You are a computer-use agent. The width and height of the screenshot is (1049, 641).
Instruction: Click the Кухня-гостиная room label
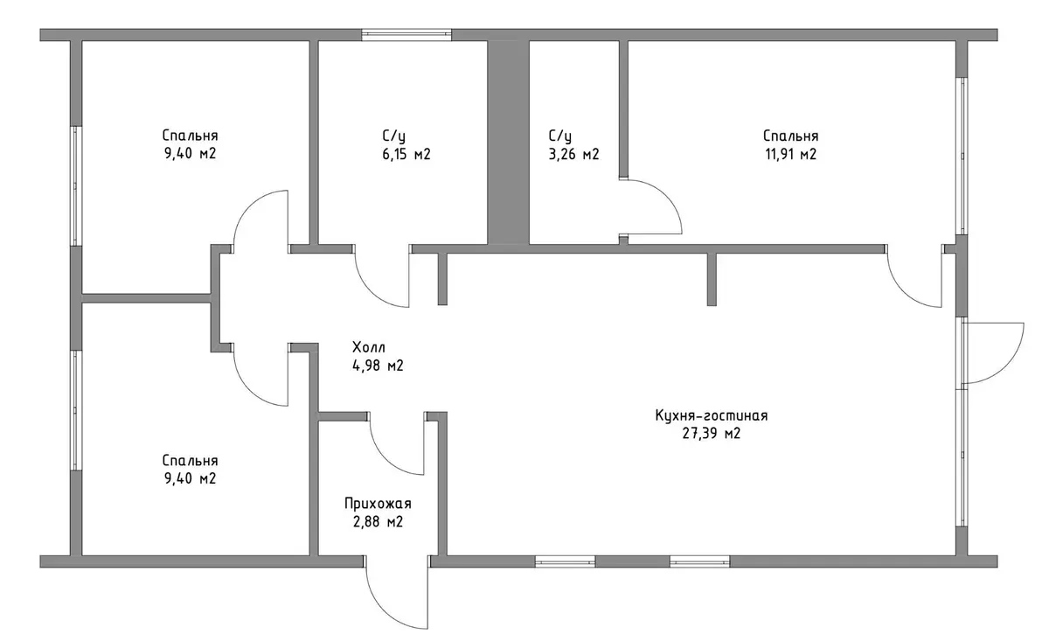click(712, 415)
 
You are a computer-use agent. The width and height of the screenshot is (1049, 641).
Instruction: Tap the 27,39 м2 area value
click(712, 434)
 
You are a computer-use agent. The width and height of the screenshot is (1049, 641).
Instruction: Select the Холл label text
click(369, 347)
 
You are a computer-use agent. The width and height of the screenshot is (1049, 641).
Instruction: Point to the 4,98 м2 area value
click(378, 366)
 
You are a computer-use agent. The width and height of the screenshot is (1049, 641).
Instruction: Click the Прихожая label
click(378, 504)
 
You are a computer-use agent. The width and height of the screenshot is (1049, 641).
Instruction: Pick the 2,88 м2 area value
click(378, 521)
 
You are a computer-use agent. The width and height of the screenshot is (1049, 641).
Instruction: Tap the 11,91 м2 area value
click(791, 154)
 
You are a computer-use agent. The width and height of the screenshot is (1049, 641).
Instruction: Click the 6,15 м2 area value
click(406, 154)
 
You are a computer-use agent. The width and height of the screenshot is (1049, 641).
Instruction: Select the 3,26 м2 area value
click(573, 154)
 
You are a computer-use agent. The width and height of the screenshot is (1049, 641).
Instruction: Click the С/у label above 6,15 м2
click(394, 136)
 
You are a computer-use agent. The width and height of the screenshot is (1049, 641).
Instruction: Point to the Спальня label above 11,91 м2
click(791, 136)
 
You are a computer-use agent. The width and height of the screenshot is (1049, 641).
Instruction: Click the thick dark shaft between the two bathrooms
click(509, 143)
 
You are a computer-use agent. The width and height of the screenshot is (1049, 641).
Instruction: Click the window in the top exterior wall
click(406, 35)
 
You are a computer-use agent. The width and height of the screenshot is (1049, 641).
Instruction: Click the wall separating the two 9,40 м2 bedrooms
click(146, 298)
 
